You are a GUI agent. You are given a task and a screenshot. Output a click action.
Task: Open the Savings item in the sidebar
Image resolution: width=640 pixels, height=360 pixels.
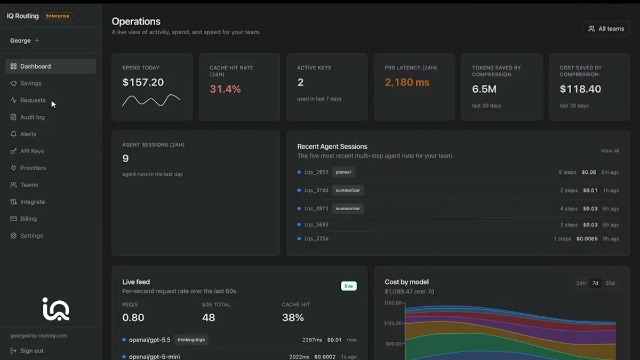[x=30, y=83]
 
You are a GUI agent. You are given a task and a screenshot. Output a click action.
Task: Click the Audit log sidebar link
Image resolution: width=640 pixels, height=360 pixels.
[x=32, y=117]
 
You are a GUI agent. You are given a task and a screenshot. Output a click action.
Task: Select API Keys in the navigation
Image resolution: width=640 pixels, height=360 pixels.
[x=31, y=151]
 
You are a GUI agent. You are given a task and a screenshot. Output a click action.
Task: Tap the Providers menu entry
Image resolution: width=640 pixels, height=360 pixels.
[x=33, y=167]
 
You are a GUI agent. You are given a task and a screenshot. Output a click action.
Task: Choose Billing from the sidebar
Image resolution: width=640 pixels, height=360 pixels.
[x=28, y=219]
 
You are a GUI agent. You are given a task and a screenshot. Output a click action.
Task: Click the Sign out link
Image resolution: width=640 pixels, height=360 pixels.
[x=31, y=350]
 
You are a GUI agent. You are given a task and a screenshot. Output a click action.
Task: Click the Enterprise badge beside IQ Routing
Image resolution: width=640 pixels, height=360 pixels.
[x=58, y=15]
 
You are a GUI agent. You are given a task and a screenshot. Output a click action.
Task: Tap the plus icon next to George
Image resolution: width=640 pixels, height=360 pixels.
[x=37, y=41]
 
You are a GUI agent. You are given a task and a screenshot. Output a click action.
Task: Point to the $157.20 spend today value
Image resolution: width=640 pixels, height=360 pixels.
[x=143, y=82]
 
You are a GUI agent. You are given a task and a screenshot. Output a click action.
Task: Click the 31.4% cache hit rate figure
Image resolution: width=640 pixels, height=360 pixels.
[x=225, y=89]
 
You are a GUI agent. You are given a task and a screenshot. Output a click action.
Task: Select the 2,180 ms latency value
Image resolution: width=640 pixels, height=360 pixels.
[x=407, y=82]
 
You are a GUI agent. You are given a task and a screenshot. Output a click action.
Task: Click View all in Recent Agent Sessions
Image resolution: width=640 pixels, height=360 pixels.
[x=610, y=150]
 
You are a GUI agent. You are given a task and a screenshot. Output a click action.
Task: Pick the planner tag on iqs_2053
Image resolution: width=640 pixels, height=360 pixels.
[x=343, y=172]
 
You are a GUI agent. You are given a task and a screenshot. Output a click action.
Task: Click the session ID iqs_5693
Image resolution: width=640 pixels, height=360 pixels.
[x=316, y=225]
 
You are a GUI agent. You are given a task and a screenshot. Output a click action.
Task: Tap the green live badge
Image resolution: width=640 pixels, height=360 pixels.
[x=349, y=286]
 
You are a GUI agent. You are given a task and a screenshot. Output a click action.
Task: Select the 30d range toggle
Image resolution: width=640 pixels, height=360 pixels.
[x=610, y=283]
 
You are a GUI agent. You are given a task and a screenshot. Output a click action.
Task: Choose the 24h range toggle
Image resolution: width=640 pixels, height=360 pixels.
[x=581, y=283]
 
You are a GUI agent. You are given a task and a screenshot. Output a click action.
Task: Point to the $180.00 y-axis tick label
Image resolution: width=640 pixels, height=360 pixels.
[x=393, y=303]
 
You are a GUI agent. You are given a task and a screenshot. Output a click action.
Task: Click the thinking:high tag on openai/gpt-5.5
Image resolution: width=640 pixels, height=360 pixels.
[x=191, y=340]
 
